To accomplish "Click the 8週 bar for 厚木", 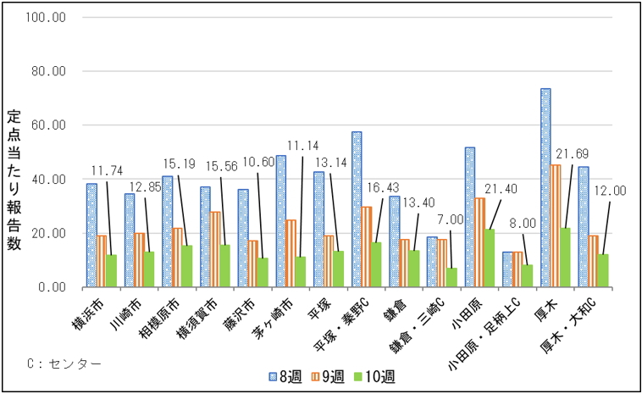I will pyautogui.click(x=545, y=187).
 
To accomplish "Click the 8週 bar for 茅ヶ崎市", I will pyautogui.click(x=281, y=221).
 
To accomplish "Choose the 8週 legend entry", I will pyautogui.click(x=280, y=375).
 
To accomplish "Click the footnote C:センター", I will pyautogui.click(x=64, y=363).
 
